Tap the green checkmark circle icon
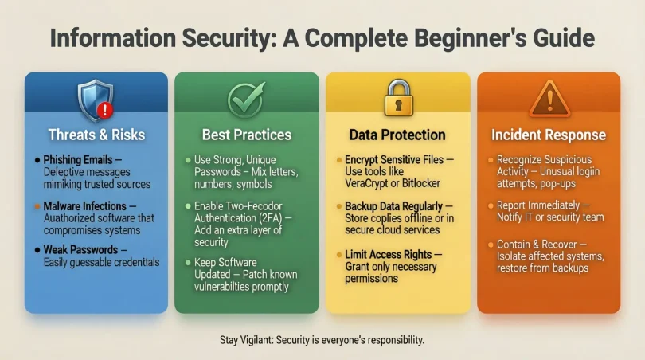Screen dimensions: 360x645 [x=246, y=100]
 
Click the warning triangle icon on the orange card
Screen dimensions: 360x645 [x=549, y=99]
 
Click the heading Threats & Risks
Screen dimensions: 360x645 [x=96, y=134]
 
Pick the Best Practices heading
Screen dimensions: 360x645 [x=247, y=135]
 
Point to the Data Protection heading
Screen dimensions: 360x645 [x=397, y=135]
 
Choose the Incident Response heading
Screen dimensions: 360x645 [x=549, y=135]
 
